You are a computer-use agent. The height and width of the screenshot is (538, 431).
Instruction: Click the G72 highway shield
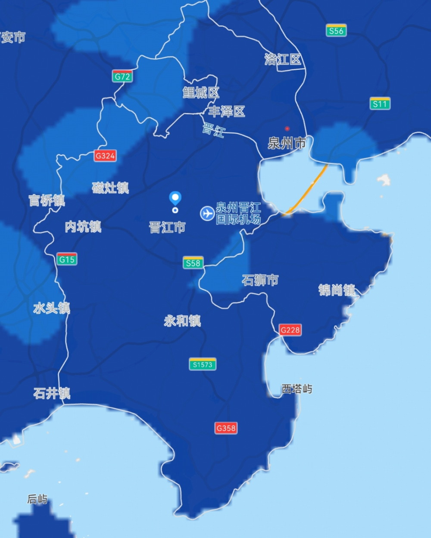coord(122,77)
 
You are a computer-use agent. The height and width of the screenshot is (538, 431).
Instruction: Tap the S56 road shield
coord(336,31)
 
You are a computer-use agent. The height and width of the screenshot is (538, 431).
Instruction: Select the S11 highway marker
coord(380,104)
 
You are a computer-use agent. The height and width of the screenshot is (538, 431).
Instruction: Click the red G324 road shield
coord(105,156)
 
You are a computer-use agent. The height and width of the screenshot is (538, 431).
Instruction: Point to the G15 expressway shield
coord(67,260)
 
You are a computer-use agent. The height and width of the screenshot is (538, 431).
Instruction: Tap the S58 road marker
coord(193,263)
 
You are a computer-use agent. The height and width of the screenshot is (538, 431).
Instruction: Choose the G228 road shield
coord(290,330)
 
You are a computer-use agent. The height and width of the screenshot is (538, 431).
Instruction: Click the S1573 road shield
coord(203,364)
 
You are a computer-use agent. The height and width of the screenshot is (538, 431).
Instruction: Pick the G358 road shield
coord(226,428)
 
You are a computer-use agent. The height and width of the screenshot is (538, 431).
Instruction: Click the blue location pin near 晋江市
coord(175,198)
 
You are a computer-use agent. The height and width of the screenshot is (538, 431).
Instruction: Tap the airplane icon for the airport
coord(207,213)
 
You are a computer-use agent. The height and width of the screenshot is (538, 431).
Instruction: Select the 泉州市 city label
coord(287,143)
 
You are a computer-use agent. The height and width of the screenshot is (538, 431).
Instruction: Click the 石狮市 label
coord(260,280)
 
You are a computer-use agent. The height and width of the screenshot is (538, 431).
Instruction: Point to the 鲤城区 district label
coord(201,92)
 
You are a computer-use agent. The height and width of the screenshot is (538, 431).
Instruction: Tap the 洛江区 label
coord(283,59)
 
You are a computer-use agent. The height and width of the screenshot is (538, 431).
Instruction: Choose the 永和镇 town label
coord(182,321)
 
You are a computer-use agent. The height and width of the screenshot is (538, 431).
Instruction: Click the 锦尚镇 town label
coord(337,290)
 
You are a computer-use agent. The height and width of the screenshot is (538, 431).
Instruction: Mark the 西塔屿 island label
coord(297,389)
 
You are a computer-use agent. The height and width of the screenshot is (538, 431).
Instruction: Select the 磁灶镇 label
coord(110,188)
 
